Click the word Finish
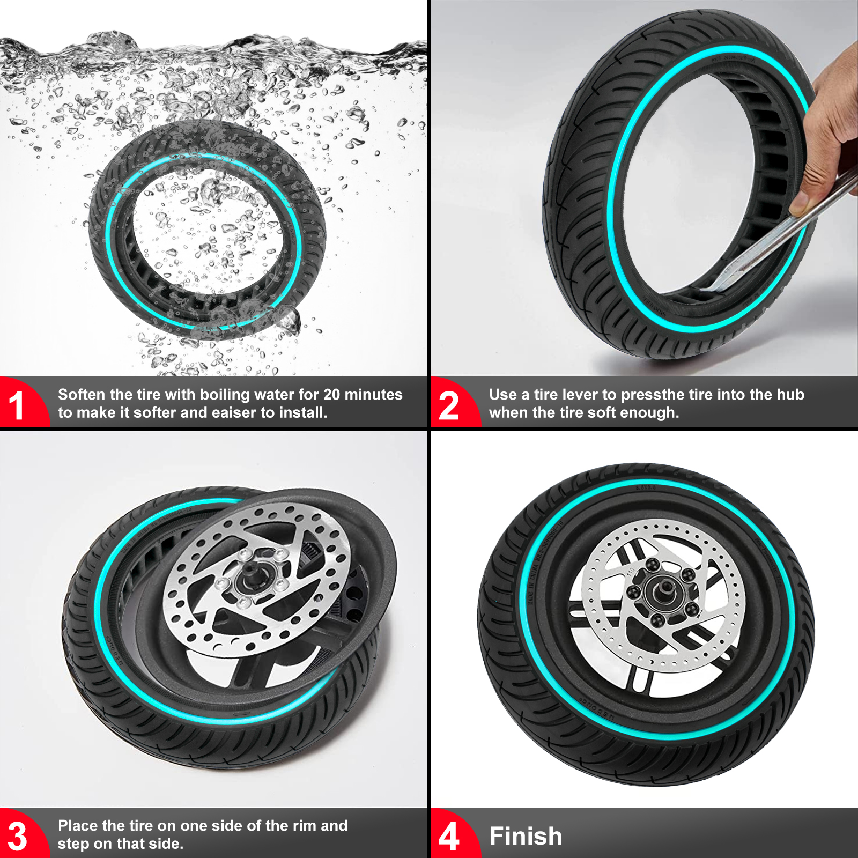[526, 836]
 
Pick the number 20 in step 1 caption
[332, 395]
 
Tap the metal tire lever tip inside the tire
[721, 284]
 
